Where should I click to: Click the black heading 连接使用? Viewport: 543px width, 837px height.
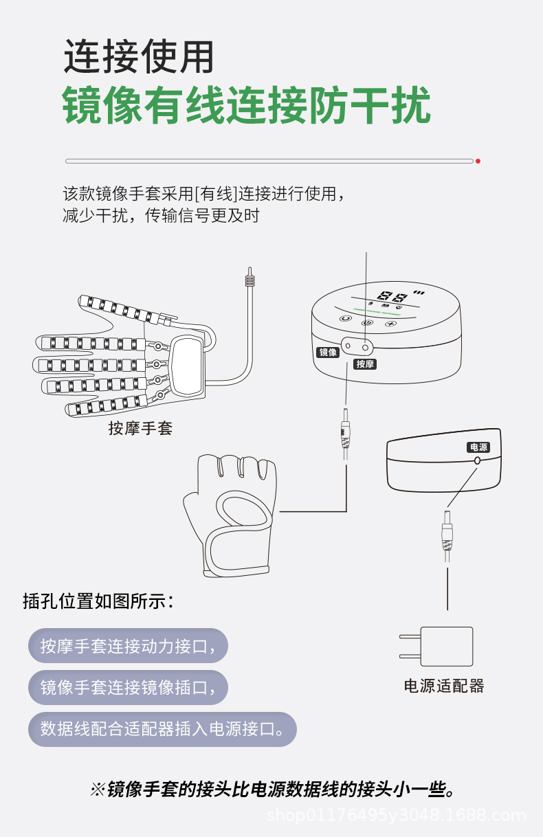point(139,56)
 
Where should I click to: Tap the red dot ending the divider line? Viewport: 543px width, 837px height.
point(478,161)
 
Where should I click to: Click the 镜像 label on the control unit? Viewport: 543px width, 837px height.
point(328,353)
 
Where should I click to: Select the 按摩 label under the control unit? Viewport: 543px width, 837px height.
point(365,364)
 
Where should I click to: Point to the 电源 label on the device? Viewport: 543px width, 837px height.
point(478,447)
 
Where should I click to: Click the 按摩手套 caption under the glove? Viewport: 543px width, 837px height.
point(140,429)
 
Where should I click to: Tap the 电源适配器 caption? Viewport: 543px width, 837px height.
point(444,686)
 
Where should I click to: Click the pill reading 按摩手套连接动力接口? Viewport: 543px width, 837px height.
point(128,646)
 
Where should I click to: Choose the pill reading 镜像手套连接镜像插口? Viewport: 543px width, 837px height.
point(128,687)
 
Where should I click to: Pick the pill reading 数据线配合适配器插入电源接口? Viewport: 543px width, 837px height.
point(162,729)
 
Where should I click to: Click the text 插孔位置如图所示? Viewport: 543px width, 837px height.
point(99,601)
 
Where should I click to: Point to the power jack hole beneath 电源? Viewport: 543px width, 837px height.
point(477,462)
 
